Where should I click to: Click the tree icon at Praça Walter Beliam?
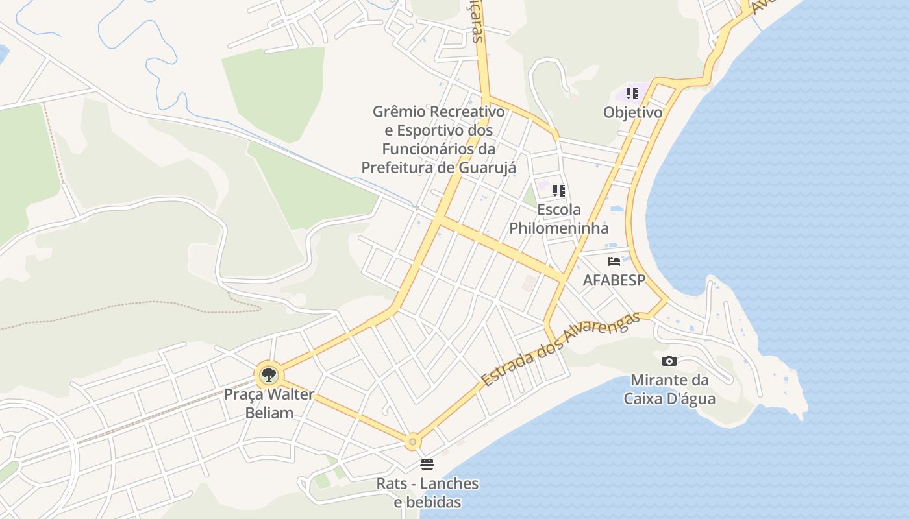(268, 374)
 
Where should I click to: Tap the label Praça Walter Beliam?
(269, 403)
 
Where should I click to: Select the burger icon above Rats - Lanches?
(427, 464)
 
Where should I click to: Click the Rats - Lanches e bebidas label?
(428, 492)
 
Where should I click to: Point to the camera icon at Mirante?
(669, 361)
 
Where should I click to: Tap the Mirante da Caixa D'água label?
(669, 389)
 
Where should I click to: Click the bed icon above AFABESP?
(614, 261)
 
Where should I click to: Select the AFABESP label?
(614, 280)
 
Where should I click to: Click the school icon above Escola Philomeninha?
(559, 191)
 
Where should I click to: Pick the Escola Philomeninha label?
(559, 219)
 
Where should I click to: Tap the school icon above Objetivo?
(632, 93)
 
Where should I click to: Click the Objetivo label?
(632, 112)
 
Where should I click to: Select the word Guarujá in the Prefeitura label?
(488, 167)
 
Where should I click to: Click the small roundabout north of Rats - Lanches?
(412, 442)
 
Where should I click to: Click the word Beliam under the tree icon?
(269, 413)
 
